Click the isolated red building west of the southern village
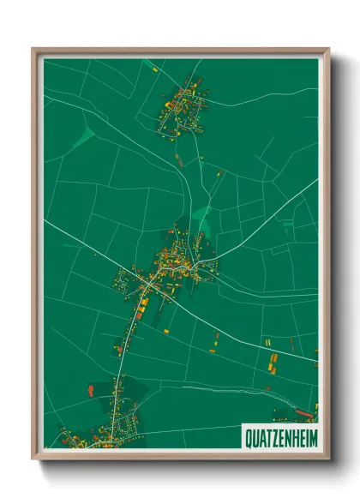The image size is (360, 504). pos(91,390)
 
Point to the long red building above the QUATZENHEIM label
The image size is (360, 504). pos(303,411)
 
